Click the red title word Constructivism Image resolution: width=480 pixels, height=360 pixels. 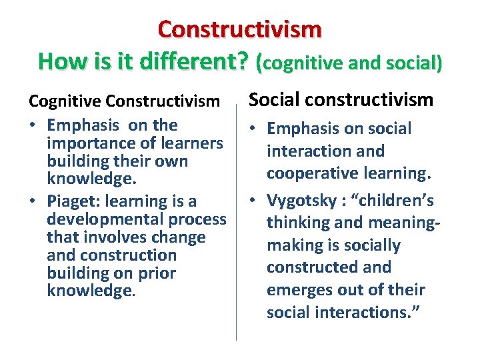[239, 29]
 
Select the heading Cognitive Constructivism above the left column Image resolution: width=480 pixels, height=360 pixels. [124, 102]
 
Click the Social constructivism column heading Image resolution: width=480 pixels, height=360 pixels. [341, 100]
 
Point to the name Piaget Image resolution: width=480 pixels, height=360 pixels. [71, 201]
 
